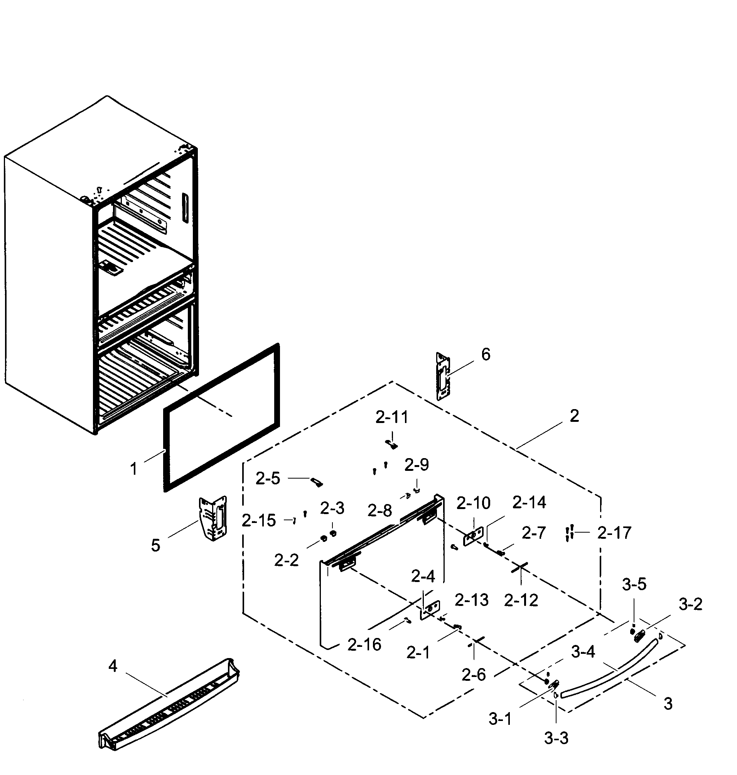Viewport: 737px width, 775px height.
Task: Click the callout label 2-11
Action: click(x=392, y=418)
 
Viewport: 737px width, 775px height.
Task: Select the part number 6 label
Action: click(x=486, y=355)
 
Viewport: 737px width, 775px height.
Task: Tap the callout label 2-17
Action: click(x=614, y=533)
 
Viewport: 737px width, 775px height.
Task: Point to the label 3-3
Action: click(x=556, y=738)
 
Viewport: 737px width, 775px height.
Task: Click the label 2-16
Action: click(x=364, y=645)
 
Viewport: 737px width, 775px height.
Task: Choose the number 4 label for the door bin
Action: click(x=113, y=666)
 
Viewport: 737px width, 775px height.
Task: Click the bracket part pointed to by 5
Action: click(x=213, y=518)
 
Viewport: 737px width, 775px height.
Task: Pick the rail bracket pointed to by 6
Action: click(x=443, y=376)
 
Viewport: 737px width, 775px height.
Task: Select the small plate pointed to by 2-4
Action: click(x=430, y=609)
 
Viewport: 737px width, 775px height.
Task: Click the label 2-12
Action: click(x=521, y=600)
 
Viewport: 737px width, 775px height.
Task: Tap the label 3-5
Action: click(x=634, y=585)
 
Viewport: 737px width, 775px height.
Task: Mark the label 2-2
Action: click(x=287, y=560)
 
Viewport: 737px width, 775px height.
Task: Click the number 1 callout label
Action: click(x=133, y=469)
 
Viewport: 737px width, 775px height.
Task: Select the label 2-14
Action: click(x=529, y=502)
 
